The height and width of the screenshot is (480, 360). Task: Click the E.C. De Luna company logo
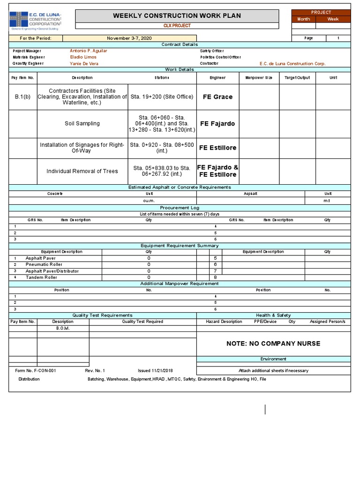coord(35,20)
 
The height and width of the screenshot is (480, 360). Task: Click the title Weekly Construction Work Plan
coord(177,16)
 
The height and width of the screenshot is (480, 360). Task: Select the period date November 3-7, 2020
coord(129,38)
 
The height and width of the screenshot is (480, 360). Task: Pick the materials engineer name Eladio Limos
coord(83,57)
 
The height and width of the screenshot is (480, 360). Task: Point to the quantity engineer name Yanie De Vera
coord(84,63)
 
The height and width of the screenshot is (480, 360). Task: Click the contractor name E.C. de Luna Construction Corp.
coord(292,63)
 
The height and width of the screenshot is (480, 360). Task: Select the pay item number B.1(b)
coord(22,97)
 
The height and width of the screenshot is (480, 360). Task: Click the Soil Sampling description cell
coord(82,124)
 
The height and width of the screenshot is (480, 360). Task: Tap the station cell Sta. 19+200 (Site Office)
coord(162,97)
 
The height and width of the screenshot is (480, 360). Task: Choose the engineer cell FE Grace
coord(217,97)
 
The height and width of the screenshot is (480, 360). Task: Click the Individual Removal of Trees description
coord(82,171)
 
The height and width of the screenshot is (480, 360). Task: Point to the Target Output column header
coord(297,77)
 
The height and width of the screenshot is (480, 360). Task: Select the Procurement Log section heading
coord(180,207)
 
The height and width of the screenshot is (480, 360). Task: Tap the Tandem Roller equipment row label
coord(41,277)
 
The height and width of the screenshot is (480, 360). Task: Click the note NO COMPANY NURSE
coord(273,344)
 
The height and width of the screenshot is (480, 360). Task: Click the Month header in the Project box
coord(303,19)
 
